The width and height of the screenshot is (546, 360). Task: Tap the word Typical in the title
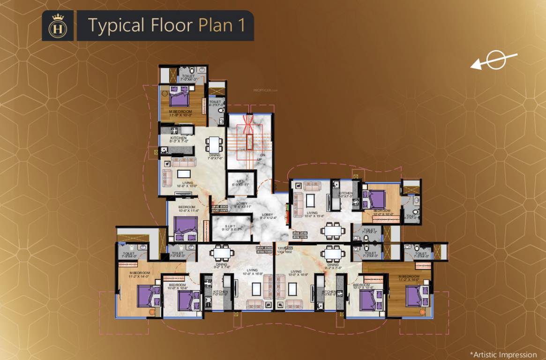click(114, 26)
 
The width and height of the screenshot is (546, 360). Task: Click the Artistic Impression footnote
click(503, 354)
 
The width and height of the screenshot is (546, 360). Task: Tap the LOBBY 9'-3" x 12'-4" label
click(269, 216)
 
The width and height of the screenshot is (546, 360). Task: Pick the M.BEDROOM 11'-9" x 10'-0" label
click(181, 113)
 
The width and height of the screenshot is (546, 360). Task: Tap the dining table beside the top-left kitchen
click(213, 143)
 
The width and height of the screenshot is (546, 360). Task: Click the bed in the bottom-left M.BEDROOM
click(149, 296)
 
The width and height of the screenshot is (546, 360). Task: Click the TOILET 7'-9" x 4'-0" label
click(128, 255)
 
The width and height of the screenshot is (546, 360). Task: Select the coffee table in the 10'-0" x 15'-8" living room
click(310, 200)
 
